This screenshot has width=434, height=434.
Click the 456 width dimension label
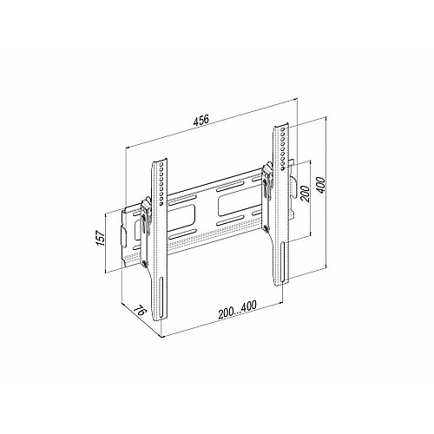pos(201,120)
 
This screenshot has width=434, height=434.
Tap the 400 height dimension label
pos(321,186)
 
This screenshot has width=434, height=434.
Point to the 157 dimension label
pos(100,238)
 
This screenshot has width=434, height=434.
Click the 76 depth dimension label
pos(140,312)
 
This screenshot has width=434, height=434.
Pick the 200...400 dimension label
pos(237,310)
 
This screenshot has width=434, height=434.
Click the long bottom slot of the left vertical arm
pos(161,298)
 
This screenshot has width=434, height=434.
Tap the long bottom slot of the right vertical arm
pos(283,263)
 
